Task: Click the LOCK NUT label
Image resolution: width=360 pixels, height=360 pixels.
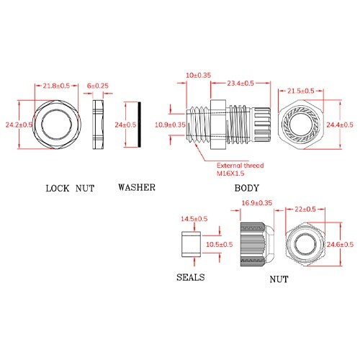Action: [70, 189]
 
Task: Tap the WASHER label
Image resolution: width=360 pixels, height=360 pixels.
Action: [137, 187]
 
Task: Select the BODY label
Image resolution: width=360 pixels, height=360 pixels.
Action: [247, 188]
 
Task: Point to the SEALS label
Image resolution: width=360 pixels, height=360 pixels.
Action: [191, 277]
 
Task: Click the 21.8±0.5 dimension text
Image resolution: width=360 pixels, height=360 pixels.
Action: [56, 86]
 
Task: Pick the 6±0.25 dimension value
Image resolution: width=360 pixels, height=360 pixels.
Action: [98, 86]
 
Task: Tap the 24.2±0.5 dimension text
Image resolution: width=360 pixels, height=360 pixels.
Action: [19, 125]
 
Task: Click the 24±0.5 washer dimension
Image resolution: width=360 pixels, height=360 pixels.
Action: [125, 125]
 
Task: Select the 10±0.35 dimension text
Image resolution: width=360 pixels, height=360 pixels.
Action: [199, 75]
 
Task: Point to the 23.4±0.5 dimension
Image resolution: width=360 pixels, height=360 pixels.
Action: [240, 84]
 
